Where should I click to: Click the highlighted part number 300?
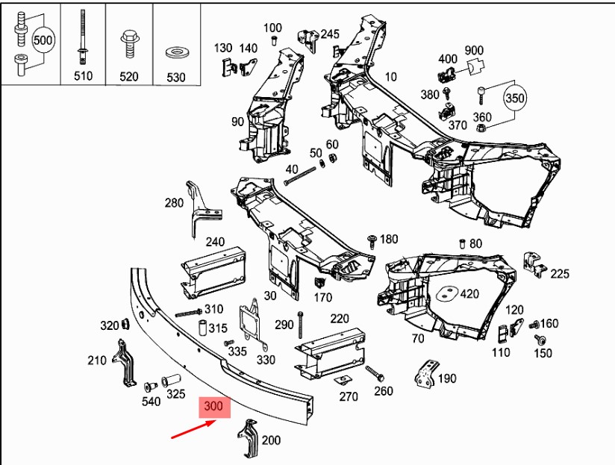click(x=214, y=408)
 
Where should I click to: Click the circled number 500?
click(x=44, y=40)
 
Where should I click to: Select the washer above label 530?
click(x=176, y=52)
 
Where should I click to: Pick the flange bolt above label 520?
click(x=128, y=43)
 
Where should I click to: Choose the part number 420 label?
click(x=469, y=293)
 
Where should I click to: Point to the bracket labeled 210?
click(x=124, y=364)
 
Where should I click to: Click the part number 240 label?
click(x=215, y=242)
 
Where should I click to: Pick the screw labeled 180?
click(x=372, y=240)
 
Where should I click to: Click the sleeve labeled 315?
click(x=202, y=328)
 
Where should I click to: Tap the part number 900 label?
click(x=474, y=51)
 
